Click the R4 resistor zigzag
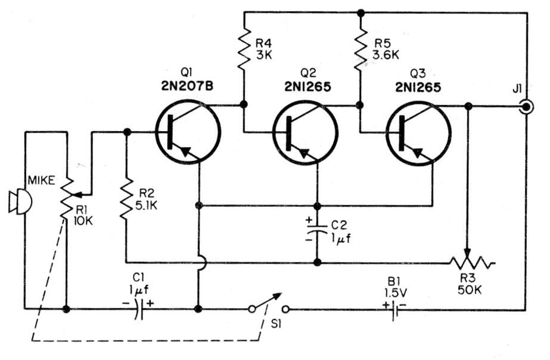pos(244,51)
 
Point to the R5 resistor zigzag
pos(360,51)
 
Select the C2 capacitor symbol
pos(317,229)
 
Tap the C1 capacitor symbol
pos(138,309)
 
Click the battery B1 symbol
pos(393,309)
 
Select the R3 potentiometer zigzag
pos(471,262)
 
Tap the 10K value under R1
pos(83,221)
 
